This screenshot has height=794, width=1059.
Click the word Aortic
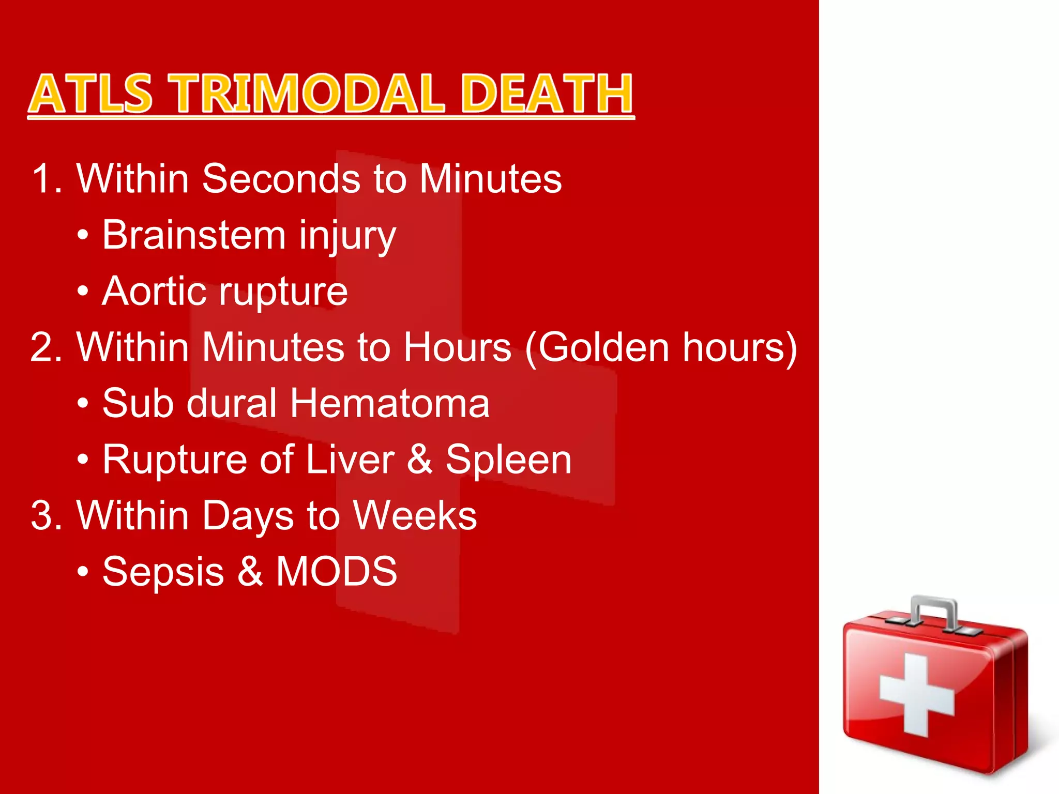tap(154, 291)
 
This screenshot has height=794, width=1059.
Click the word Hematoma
tap(389, 403)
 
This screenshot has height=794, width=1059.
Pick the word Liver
tap(350, 459)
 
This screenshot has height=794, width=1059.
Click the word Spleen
tap(508, 459)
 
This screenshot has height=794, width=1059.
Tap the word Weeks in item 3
tap(415, 515)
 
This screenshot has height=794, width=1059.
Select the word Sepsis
tap(163, 572)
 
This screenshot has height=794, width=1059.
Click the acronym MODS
tap(336, 571)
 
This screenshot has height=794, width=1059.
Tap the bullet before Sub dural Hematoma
tap(83, 404)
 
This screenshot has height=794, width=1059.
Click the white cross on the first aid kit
tap(916, 694)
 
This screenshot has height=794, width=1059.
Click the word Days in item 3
tap(248, 516)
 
